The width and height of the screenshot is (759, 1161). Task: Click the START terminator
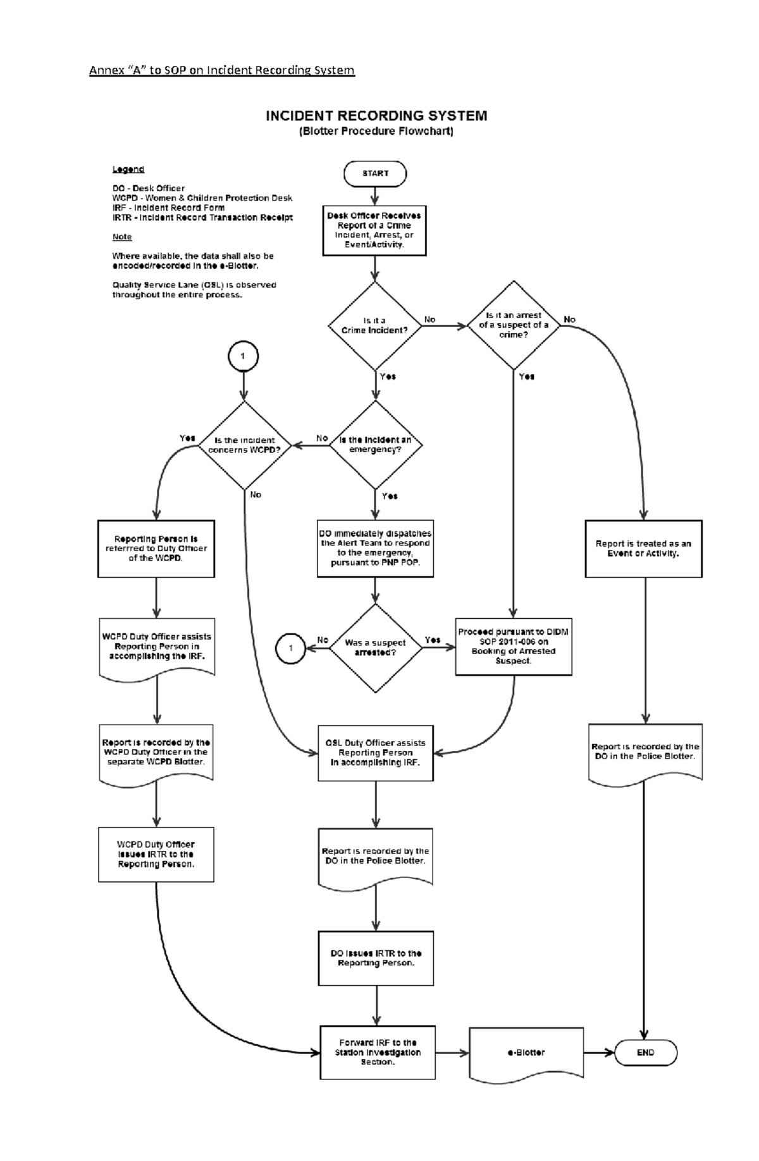375,173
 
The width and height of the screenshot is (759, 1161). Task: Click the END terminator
645,1052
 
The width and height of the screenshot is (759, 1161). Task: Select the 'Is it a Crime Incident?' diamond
374,326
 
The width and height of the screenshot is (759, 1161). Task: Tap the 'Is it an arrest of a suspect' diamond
513,325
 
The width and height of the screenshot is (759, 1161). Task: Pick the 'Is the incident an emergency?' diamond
375,445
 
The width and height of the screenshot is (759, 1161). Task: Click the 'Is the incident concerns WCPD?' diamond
244,445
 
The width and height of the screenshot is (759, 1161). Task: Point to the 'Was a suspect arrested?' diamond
375,647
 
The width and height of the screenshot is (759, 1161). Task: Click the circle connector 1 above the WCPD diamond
243,356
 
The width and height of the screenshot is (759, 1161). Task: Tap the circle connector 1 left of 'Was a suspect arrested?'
291,648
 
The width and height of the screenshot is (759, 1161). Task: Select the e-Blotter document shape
526,1052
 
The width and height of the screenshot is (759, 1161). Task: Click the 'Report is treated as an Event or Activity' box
643,549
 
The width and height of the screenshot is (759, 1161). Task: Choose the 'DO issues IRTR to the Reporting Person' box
376,958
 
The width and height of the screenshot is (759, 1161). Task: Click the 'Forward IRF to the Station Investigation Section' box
378,1052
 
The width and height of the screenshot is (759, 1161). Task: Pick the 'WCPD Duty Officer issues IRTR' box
156,854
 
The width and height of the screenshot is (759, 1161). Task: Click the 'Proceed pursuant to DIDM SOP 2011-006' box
513,646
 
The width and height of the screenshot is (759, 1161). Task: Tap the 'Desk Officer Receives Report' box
374,230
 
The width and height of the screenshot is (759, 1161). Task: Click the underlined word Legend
128,169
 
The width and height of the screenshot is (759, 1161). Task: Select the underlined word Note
122,237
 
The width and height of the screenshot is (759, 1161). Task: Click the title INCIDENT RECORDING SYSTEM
376,116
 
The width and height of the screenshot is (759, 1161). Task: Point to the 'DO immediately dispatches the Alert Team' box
375,548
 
